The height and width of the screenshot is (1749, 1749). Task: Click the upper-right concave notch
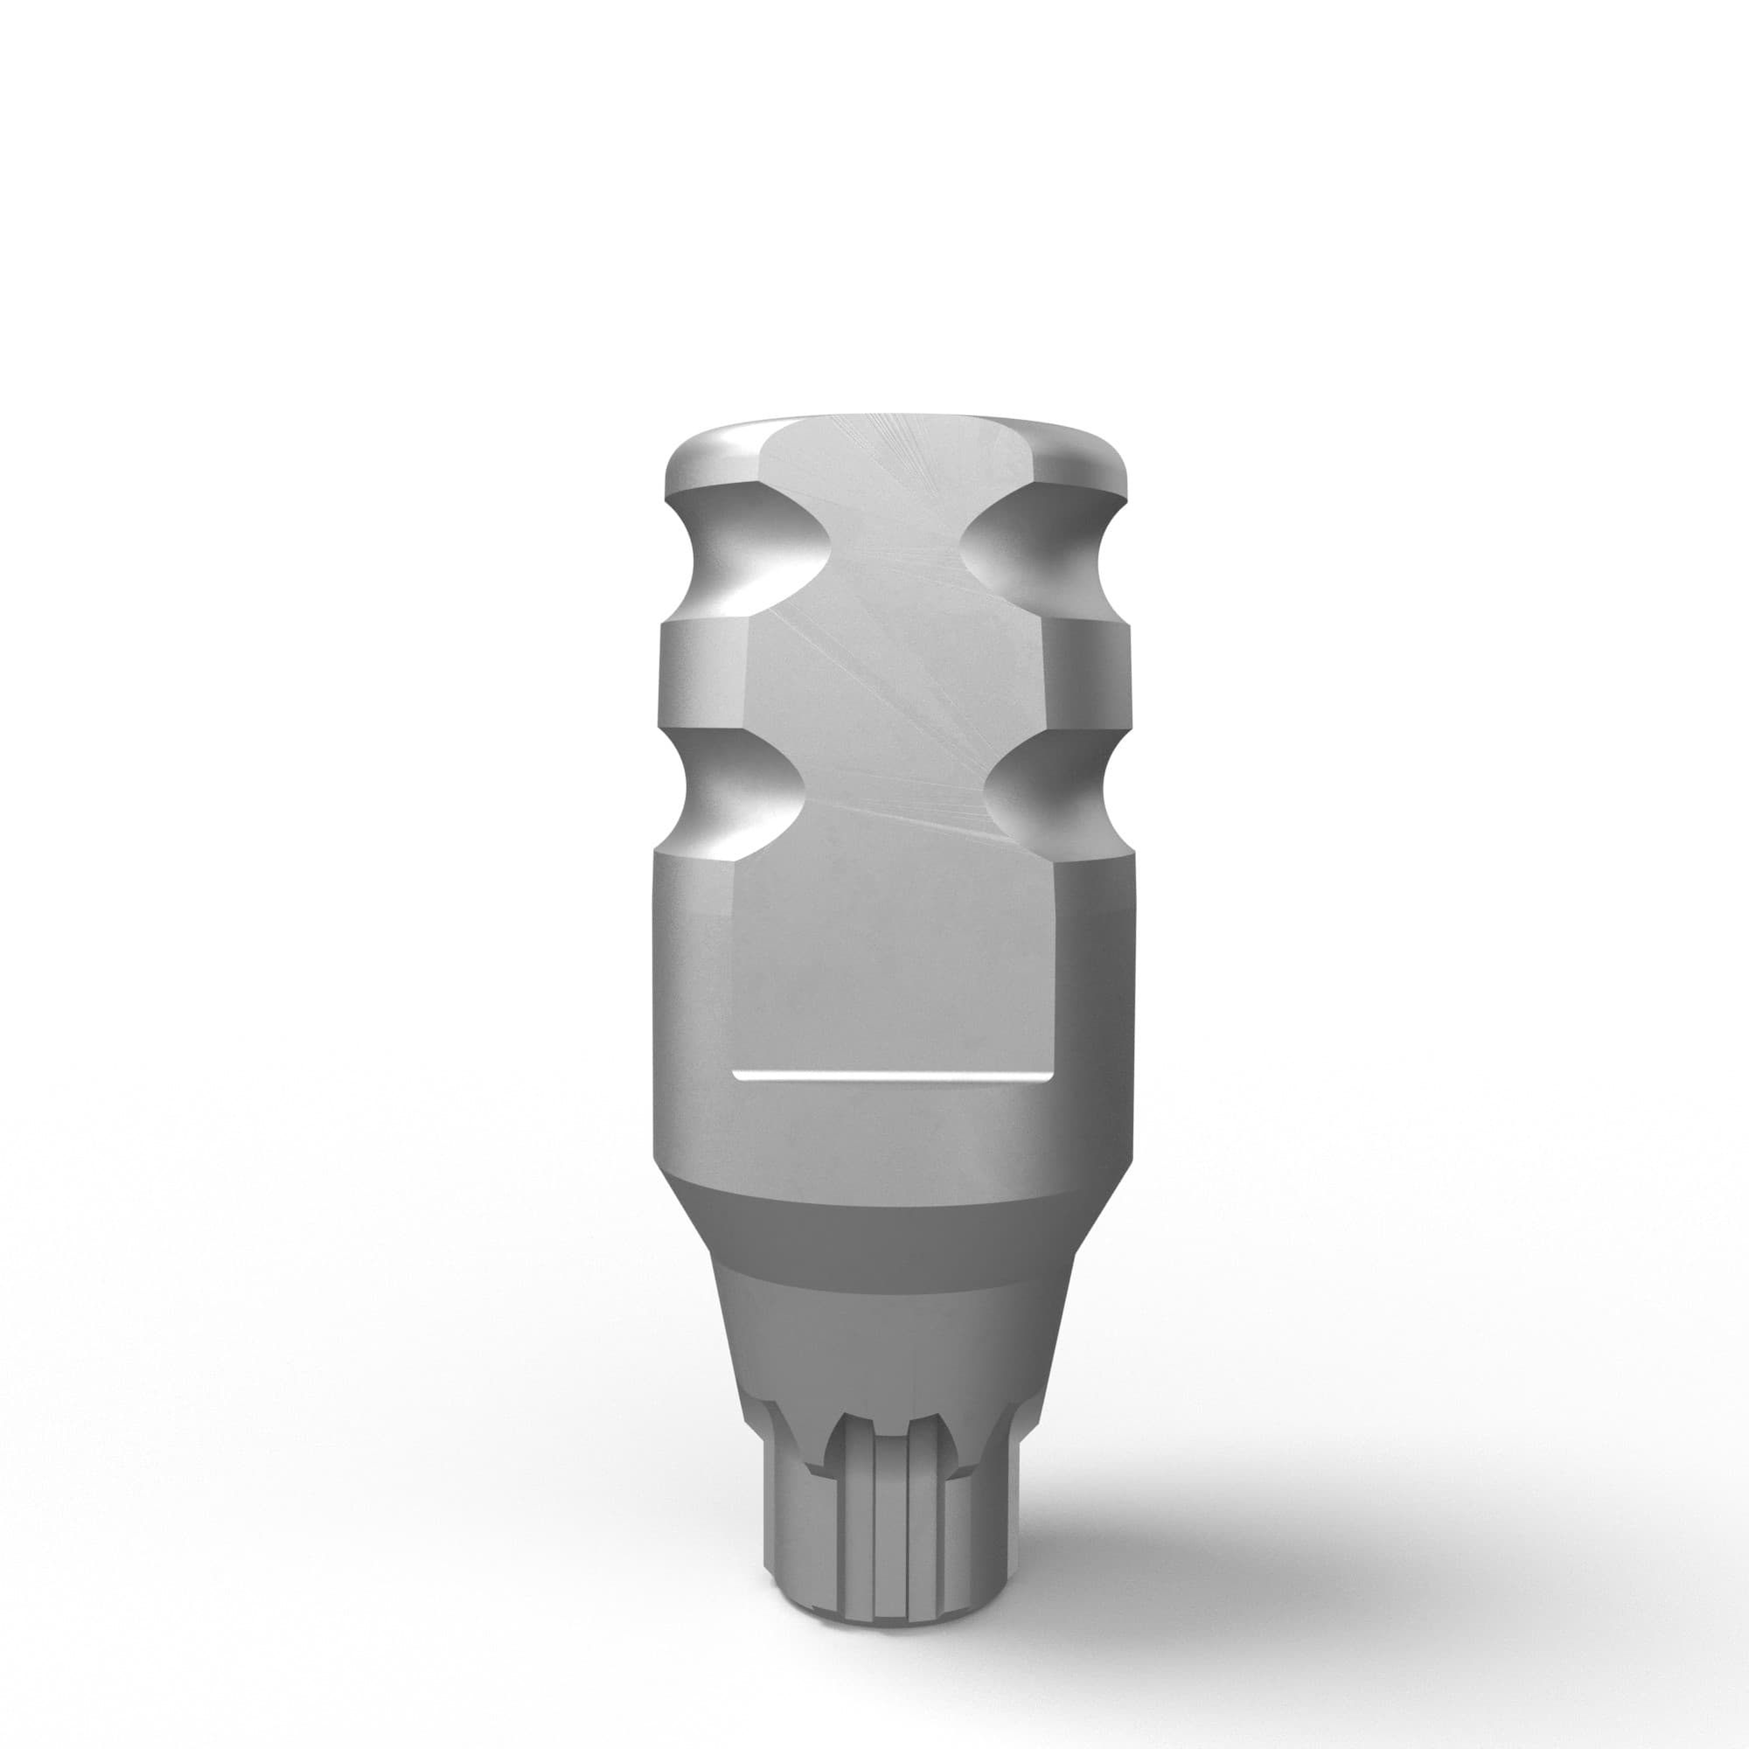[x=1041, y=543]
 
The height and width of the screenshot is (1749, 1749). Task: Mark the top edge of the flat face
[x=892, y=422]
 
